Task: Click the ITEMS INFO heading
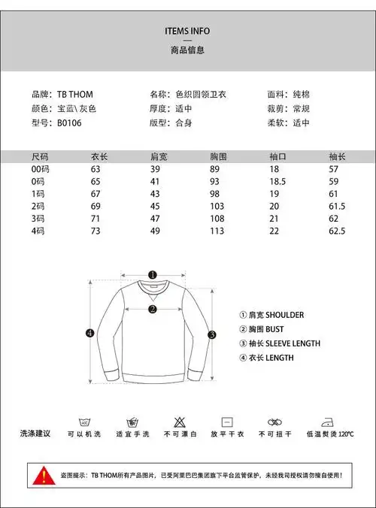point(187,31)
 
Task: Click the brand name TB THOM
point(75,95)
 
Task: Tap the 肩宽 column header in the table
point(159,157)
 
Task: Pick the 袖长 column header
point(337,157)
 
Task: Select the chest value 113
point(218,231)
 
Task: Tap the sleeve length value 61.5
point(337,206)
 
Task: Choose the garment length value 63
point(96,170)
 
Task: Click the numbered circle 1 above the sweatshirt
point(152,275)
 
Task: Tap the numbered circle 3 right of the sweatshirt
point(213,335)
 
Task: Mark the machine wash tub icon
point(84,422)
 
